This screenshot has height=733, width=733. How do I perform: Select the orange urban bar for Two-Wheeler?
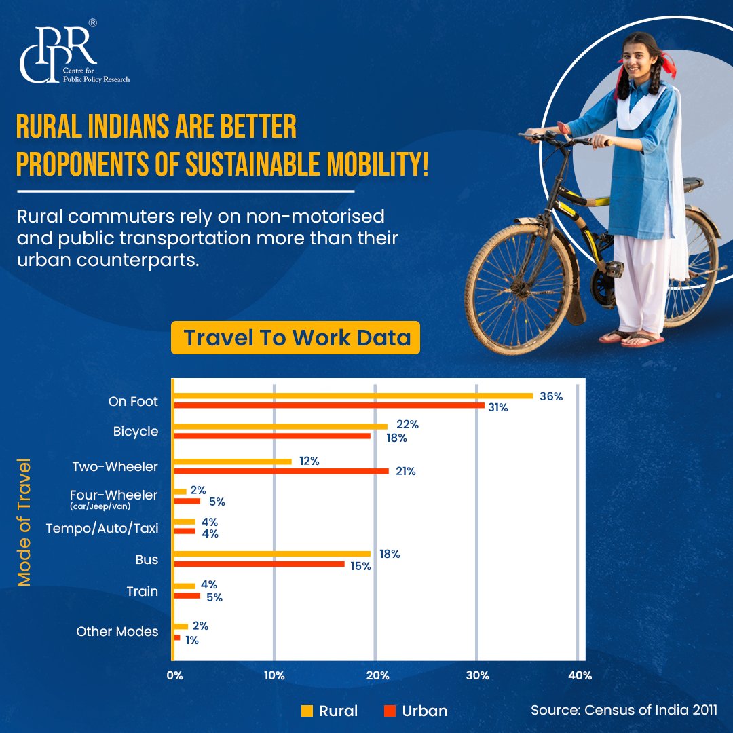click(281, 471)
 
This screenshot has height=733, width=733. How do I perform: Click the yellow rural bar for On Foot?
click(353, 395)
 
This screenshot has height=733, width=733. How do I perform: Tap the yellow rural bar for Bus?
click(272, 554)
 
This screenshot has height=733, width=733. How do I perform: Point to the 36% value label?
click(550, 396)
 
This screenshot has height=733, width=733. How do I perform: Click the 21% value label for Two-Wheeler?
click(405, 471)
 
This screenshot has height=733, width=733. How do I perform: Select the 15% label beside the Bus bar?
click(360, 566)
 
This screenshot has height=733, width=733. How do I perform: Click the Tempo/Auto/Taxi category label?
click(102, 528)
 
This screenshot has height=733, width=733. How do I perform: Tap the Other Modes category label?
click(117, 632)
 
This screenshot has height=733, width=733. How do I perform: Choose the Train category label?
click(143, 592)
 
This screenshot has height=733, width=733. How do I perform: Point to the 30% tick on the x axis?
click(478, 675)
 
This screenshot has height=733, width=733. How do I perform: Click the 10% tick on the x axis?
click(274, 675)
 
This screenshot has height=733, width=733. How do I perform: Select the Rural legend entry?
click(330, 711)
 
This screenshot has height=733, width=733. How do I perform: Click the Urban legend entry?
click(416, 711)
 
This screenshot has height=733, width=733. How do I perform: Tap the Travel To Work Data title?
click(296, 338)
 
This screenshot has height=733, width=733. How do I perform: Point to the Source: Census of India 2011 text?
click(624, 710)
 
